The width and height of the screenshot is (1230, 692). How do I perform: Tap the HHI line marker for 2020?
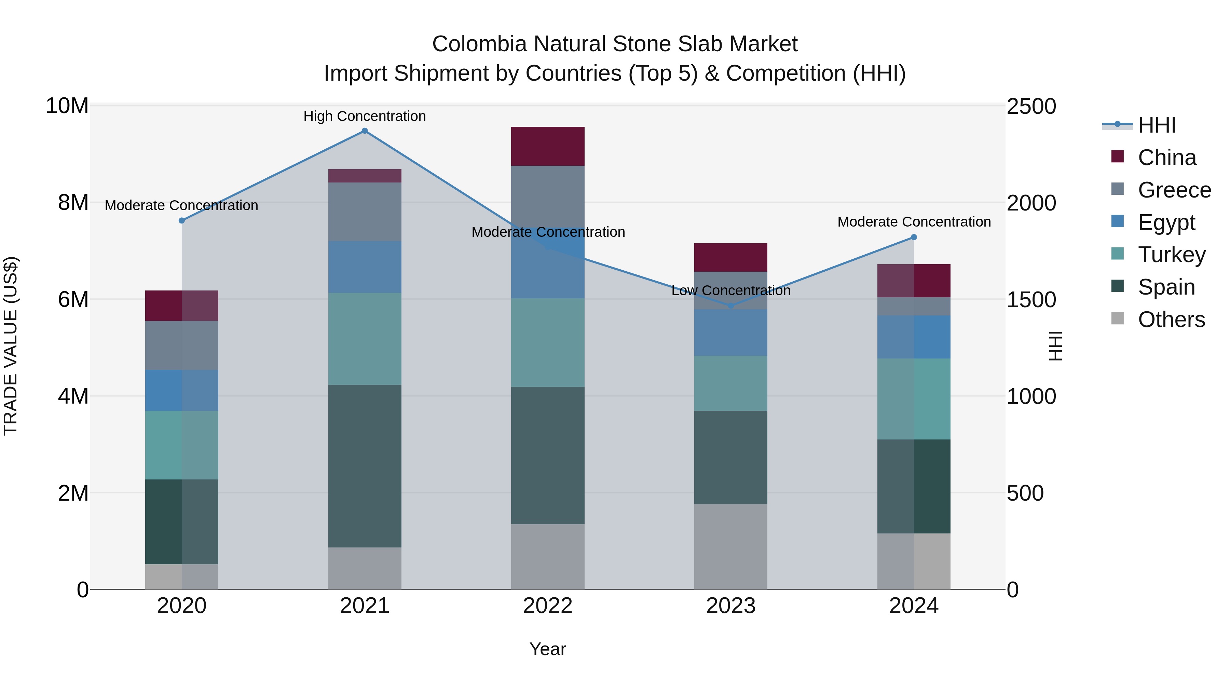click(x=181, y=221)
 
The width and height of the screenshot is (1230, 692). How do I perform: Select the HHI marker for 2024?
click(x=914, y=238)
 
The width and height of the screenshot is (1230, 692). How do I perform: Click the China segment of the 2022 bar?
click(x=548, y=146)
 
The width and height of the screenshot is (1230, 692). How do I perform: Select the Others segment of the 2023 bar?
click(x=730, y=546)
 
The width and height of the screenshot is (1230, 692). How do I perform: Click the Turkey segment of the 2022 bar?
click(x=548, y=342)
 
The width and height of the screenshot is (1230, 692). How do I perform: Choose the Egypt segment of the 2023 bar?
click(x=730, y=333)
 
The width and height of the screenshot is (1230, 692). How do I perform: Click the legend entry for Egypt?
click(x=1165, y=222)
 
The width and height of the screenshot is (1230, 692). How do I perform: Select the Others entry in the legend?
click(x=1171, y=320)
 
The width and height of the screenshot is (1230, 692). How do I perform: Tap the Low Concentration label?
click(x=730, y=290)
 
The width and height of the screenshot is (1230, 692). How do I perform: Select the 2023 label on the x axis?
click(x=730, y=606)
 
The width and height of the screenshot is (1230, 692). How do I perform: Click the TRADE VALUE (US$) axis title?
click(x=11, y=346)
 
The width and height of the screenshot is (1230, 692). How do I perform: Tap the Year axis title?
click(x=548, y=649)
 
